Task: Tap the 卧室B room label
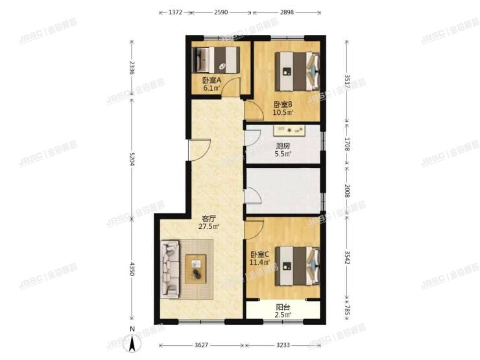click(283, 104)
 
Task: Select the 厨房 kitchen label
click(283, 147)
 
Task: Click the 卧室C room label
click(259, 255)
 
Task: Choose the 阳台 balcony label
click(283, 308)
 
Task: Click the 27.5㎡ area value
click(209, 227)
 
